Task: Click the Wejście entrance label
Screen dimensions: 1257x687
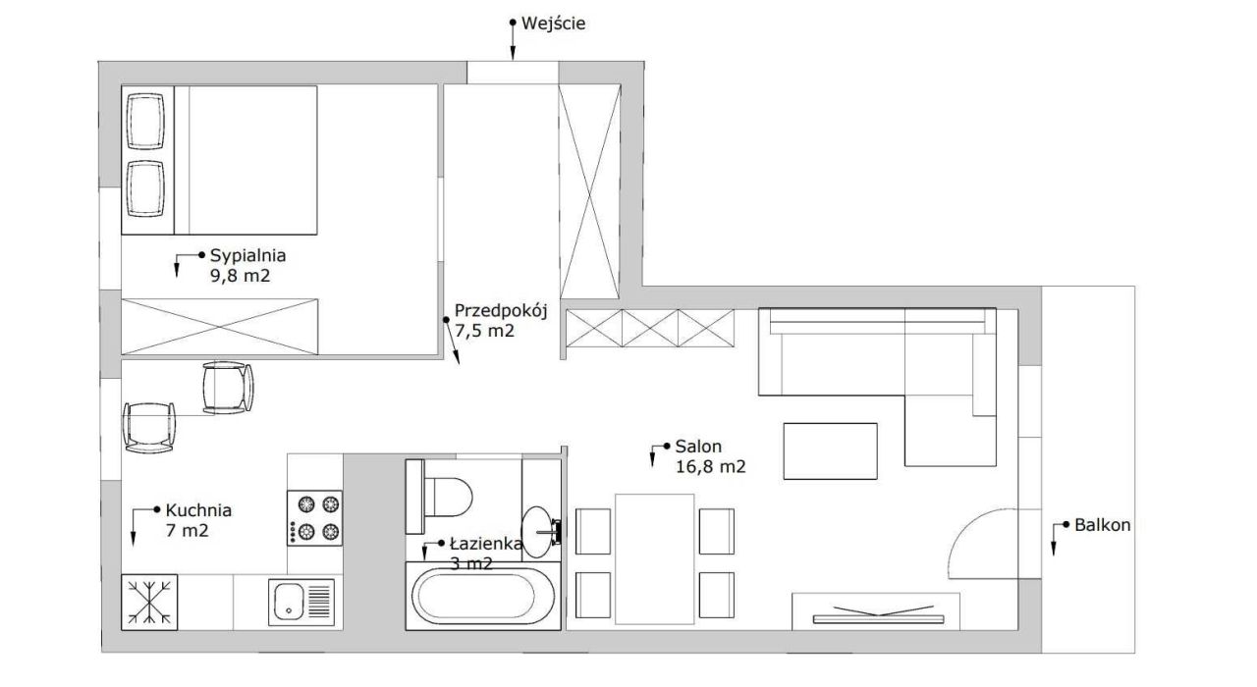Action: tap(553, 24)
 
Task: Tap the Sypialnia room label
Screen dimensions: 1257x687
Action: tap(248, 256)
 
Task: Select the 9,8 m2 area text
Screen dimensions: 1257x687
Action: tap(241, 276)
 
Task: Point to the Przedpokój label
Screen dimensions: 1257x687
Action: tap(501, 311)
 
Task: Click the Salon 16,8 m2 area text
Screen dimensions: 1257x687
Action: tap(710, 466)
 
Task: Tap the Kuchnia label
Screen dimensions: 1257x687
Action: tap(198, 510)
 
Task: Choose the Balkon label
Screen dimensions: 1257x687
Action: tap(1102, 525)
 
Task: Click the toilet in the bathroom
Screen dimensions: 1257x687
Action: tap(439, 497)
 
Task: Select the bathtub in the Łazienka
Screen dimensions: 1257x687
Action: tap(482, 596)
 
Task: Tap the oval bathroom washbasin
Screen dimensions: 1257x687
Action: tap(537, 532)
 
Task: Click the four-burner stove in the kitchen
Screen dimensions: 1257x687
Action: tap(314, 518)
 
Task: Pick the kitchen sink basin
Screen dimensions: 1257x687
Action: tap(289, 602)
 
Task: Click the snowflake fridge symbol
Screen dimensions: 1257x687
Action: tap(149, 603)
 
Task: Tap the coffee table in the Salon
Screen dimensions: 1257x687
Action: tap(830, 451)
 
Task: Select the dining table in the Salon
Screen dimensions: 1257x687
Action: tap(654, 559)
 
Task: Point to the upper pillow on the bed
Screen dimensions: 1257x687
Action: tap(146, 122)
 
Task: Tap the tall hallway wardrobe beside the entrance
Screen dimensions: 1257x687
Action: tap(590, 191)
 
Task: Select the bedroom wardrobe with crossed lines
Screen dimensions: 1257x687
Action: tap(220, 327)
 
